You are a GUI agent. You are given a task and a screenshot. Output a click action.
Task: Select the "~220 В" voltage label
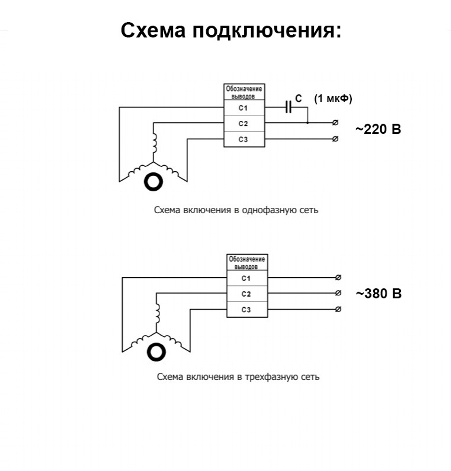[x=378, y=130]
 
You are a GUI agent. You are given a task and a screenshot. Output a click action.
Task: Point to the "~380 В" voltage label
[x=378, y=294]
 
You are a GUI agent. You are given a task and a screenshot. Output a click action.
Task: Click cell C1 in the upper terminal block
[x=244, y=108]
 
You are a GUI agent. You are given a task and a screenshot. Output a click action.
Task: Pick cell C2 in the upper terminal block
[x=244, y=123]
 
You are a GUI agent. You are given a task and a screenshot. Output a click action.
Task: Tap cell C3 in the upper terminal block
[x=244, y=139]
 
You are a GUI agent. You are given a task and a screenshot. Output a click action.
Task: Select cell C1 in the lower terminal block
[x=246, y=278]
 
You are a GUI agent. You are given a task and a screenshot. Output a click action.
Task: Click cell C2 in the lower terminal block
[x=246, y=294]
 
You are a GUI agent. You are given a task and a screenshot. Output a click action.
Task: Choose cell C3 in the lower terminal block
[x=246, y=310]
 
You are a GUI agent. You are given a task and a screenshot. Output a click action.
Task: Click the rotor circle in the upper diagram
[x=154, y=182]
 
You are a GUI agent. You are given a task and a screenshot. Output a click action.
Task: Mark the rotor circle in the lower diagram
[x=156, y=352]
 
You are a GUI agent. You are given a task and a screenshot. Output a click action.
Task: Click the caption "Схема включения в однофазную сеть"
[x=236, y=210]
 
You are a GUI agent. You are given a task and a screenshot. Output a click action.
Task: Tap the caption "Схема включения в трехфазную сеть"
[x=238, y=377]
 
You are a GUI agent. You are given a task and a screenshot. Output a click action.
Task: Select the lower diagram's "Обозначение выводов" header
[x=247, y=262]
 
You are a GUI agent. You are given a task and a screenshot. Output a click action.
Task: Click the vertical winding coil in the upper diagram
[x=153, y=144]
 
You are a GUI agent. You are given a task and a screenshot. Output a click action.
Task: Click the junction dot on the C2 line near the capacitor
[x=308, y=123]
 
